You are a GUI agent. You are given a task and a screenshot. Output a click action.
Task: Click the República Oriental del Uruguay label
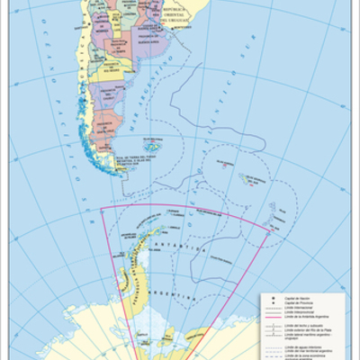pos(179,17)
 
